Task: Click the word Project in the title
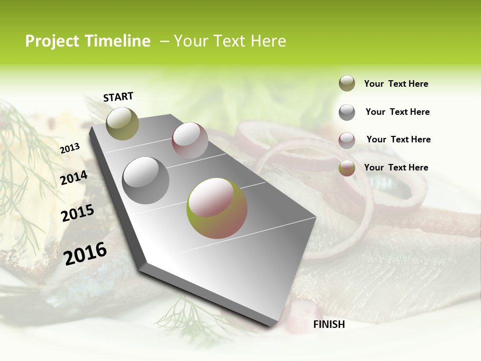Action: point(53,41)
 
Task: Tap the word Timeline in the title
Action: point(118,41)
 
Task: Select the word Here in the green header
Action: point(268,41)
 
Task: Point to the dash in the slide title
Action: point(164,41)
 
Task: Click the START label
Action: point(118,97)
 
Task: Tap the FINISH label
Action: point(329,324)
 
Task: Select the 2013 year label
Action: point(70,148)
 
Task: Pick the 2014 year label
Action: point(74,178)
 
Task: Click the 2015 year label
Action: point(77,214)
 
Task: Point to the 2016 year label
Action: point(85,253)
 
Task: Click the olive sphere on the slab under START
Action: point(122,123)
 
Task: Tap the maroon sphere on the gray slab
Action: point(190,140)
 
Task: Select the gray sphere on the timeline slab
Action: point(146,180)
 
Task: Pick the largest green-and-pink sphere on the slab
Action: point(217,208)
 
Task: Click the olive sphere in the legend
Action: point(347,83)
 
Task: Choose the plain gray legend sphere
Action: point(347,112)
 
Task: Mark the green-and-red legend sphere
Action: point(347,168)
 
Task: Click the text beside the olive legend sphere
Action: point(396,84)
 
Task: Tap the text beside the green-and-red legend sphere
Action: point(396,167)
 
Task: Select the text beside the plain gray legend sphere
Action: point(397,112)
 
